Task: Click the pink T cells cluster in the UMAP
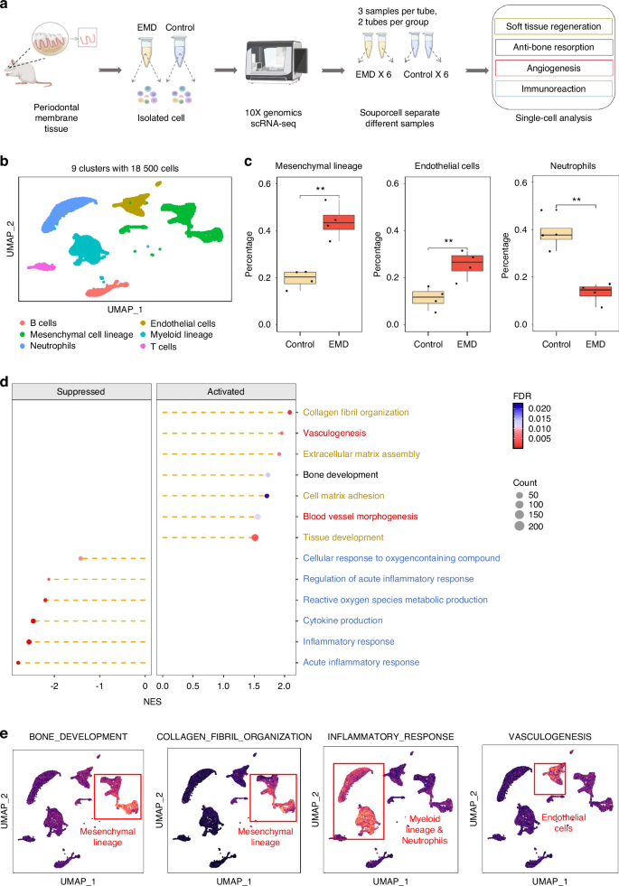point(42,266)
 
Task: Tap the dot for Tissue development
point(255,538)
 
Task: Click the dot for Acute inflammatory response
point(18,663)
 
